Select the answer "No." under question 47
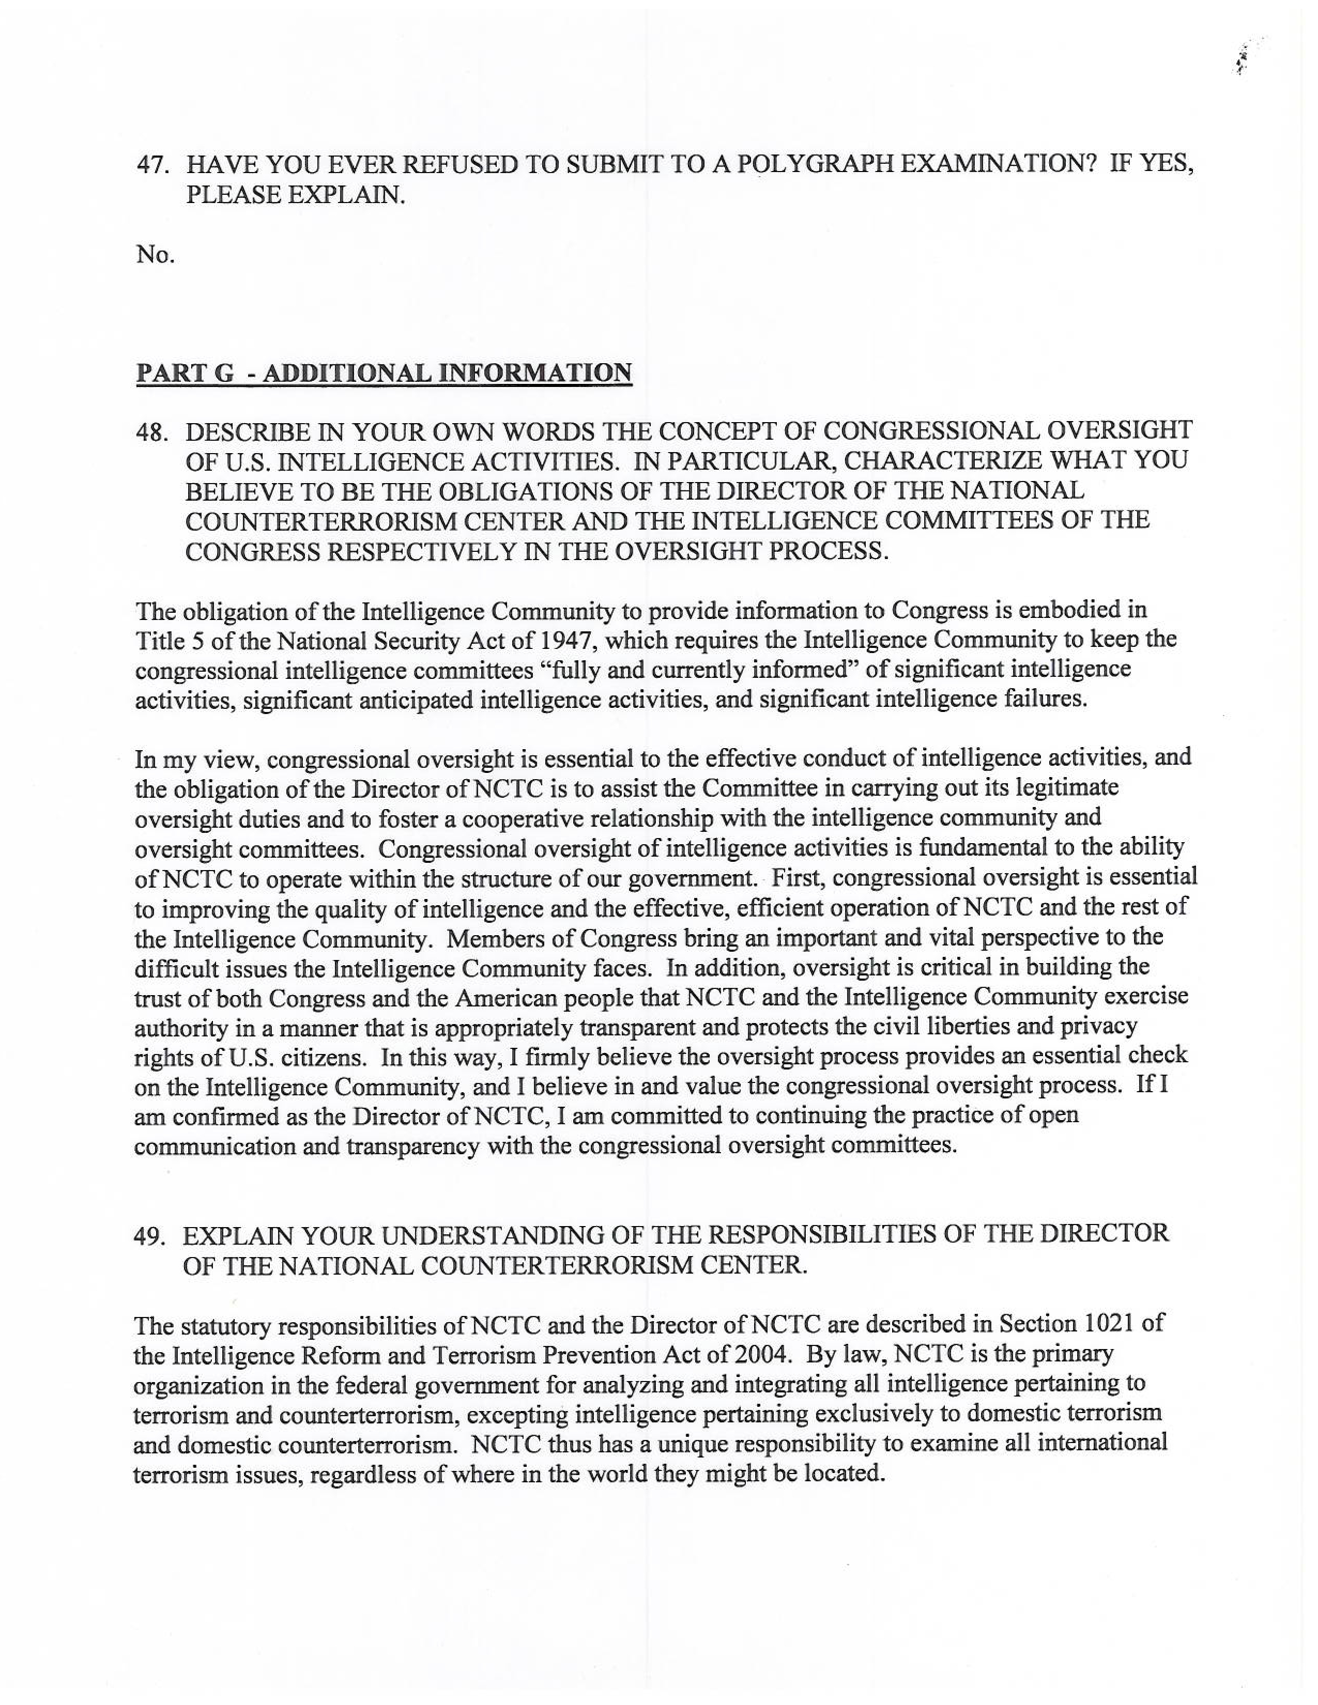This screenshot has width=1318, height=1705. pos(155,255)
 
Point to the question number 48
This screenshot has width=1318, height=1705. pos(152,431)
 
